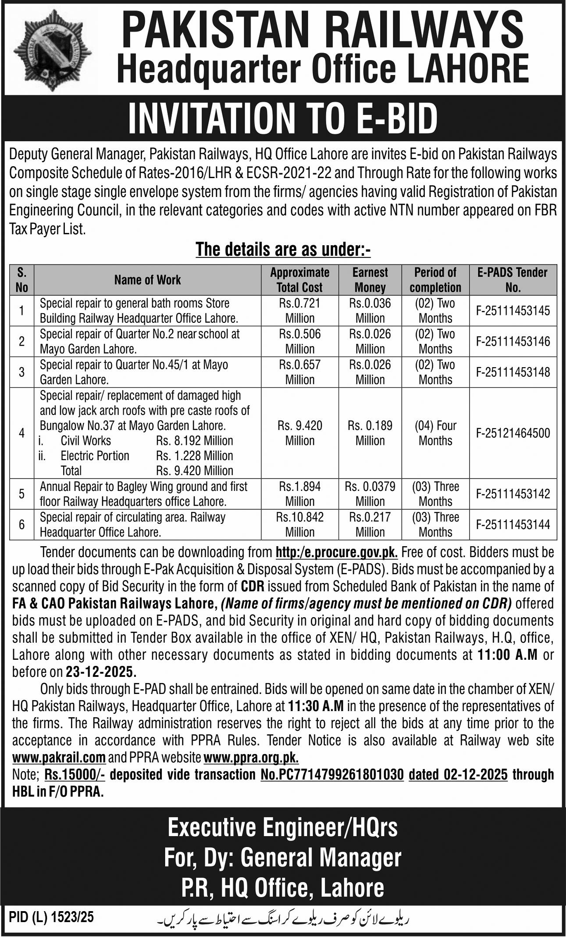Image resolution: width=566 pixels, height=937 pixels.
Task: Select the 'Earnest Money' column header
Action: tap(370, 280)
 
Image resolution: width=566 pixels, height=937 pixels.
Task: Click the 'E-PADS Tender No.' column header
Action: tap(513, 280)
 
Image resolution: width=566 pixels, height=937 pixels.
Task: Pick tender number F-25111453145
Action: tap(513, 311)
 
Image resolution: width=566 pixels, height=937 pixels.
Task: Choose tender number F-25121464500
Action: tap(513, 433)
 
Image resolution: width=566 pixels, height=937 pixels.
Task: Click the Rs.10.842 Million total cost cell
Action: tap(300, 525)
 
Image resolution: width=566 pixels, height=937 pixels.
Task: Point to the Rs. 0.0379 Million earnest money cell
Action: tap(370, 494)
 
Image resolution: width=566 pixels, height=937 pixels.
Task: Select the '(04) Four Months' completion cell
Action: tap(435, 433)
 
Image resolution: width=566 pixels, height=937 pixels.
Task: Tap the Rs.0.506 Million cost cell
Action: tap(300, 341)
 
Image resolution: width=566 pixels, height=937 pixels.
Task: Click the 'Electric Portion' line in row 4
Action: tap(95, 456)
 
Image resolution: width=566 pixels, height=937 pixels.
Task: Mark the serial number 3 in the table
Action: tap(21, 372)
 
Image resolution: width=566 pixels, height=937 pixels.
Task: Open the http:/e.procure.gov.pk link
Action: tap(337, 552)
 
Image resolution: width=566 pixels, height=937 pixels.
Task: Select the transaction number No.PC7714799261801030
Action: tap(332, 775)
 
